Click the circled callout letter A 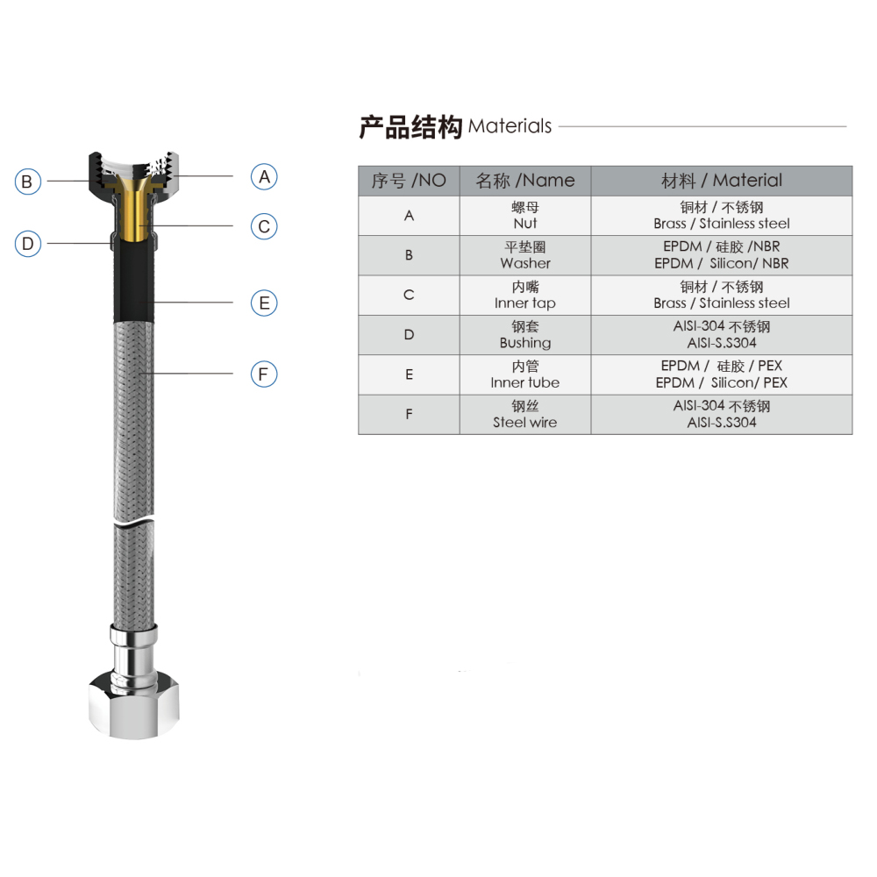pyautogui.click(x=264, y=177)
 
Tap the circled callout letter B pyautogui.click(x=27, y=182)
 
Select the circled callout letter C pyautogui.click(x=264, y=226)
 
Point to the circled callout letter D pyautogui.click(x=27, y=244)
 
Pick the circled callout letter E pyautogui.click(x=264, y=303)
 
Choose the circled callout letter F pyautogui.click(x=264, y=374)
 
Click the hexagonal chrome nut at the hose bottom pyautogui.click(x=134, y=706)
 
